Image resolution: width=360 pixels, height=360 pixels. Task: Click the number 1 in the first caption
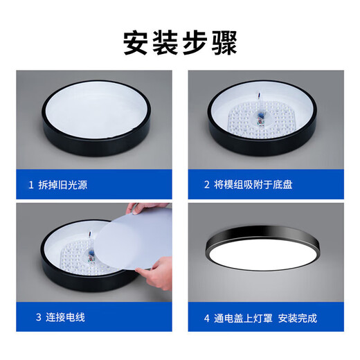pos(30,186)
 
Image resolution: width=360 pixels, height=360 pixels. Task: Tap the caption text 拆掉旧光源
pos(64,186)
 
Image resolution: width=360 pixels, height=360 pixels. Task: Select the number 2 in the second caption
pos(206,186)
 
